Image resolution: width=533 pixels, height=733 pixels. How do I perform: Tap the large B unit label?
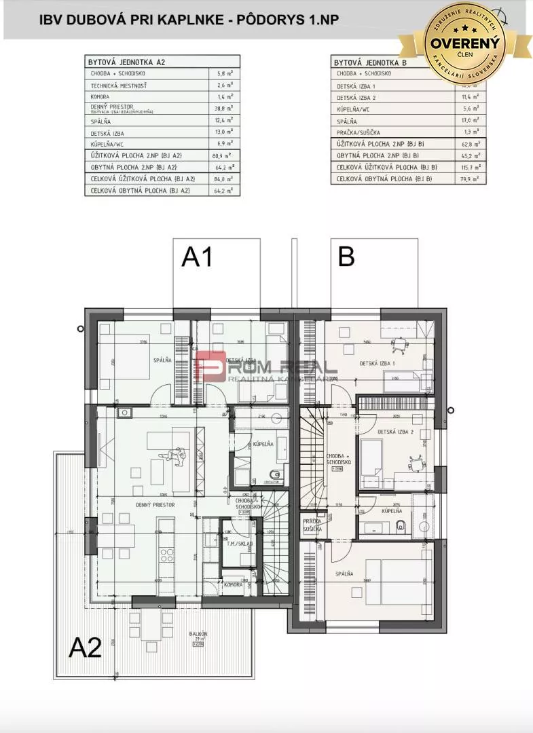(x=346, y=257)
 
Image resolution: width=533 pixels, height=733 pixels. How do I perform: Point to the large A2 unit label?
(x=86, y=648)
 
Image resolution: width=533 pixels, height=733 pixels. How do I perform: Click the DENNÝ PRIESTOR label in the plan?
(x=155, y=505)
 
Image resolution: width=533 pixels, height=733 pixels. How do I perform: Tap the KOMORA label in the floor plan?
(x=234, y=585)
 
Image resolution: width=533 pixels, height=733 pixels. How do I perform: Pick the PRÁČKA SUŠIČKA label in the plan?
(x=312, y=525)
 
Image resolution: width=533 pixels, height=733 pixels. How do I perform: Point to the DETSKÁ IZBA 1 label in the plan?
(x=377, y=363)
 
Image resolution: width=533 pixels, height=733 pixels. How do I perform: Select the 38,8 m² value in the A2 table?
(x=225, y=108)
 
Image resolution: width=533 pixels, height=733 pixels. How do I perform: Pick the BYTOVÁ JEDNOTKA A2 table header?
(x=127, y=62)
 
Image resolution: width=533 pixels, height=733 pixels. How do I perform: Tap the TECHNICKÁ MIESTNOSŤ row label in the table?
(x=119, y=86)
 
